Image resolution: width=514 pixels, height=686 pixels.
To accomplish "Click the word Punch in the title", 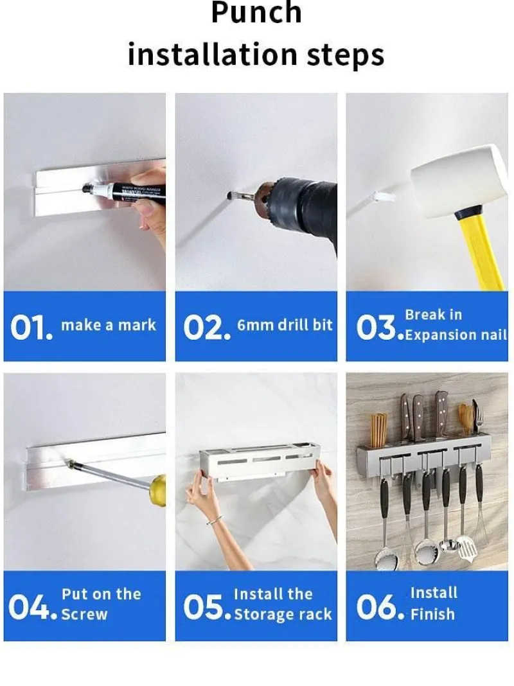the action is [x=256, y=12].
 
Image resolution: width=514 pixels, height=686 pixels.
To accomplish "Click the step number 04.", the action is [x=33, y=607].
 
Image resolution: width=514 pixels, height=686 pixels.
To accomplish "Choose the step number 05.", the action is [x=206, y=607].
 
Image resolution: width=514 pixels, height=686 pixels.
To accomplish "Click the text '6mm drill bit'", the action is [x=285, y=325].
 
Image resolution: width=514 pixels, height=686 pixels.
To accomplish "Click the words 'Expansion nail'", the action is [x=456, y=335].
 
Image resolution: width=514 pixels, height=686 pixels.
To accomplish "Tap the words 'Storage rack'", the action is [x=283, y=614].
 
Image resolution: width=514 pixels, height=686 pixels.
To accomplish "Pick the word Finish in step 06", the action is [x=432, y=614].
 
